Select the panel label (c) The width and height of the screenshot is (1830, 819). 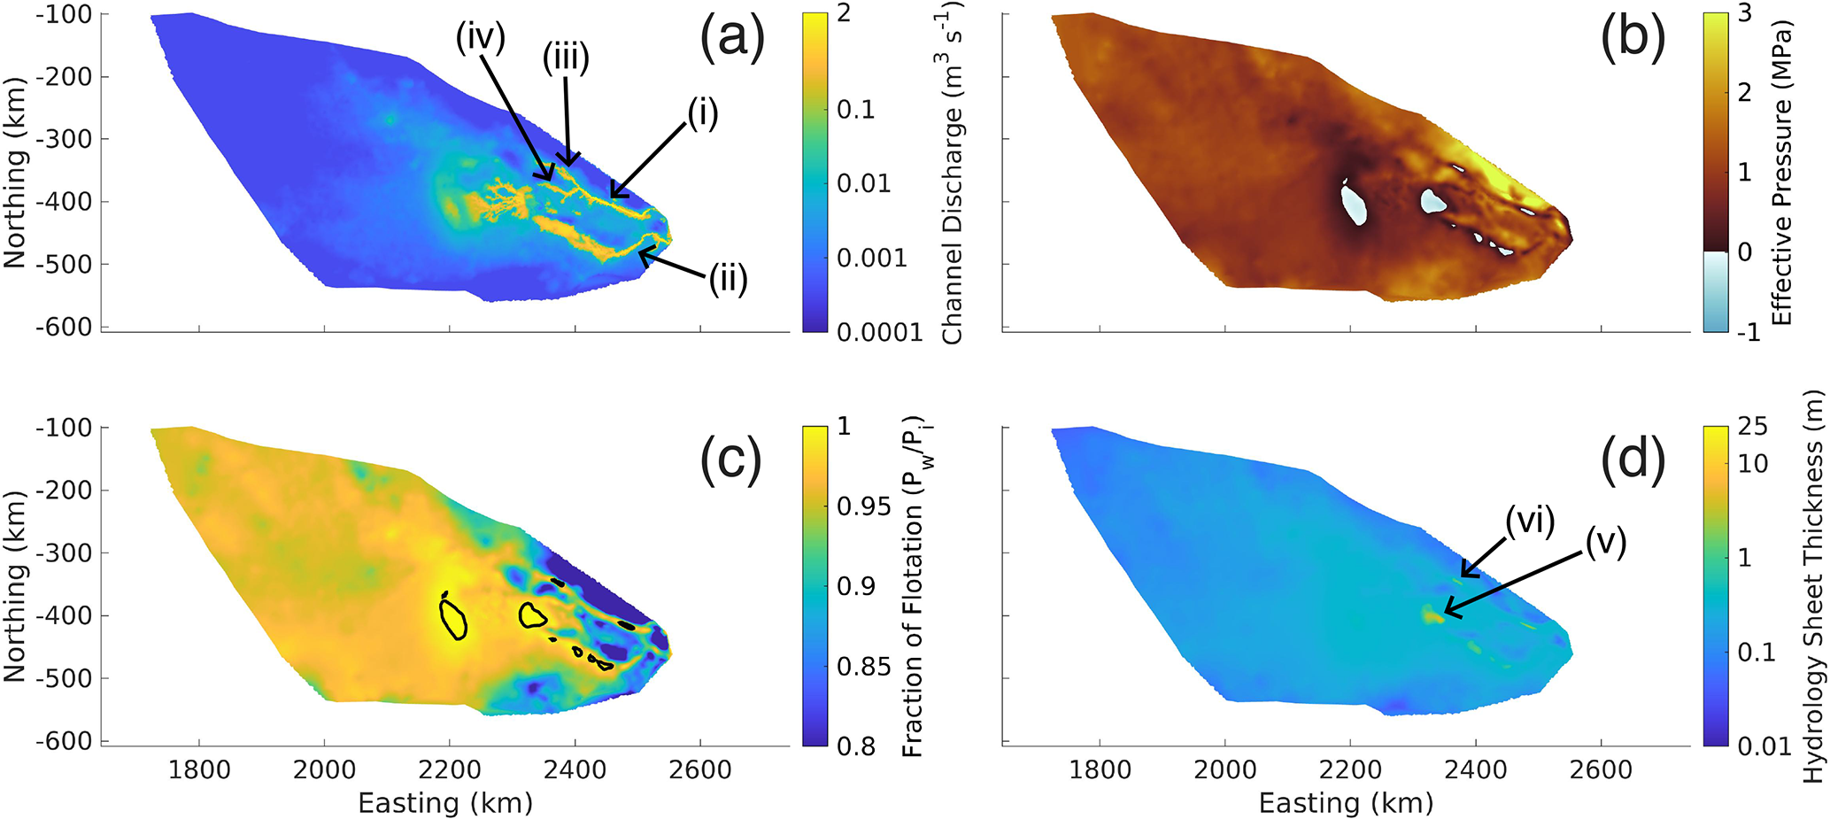[731, 461]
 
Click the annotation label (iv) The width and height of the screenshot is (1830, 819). [481, 38]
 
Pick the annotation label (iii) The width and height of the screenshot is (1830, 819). [567, 59]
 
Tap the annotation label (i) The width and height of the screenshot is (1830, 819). [701, 113]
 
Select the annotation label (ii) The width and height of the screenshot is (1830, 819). [729, 280]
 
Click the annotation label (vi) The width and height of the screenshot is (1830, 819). [1531, 521]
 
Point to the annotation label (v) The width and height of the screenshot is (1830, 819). [1605, 543]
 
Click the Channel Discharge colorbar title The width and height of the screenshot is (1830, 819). [954, 173]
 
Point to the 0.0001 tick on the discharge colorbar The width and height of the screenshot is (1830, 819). [880, 332]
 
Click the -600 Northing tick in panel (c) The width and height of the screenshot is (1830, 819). [64, 741]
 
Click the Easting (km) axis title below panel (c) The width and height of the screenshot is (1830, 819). [445, 803]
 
